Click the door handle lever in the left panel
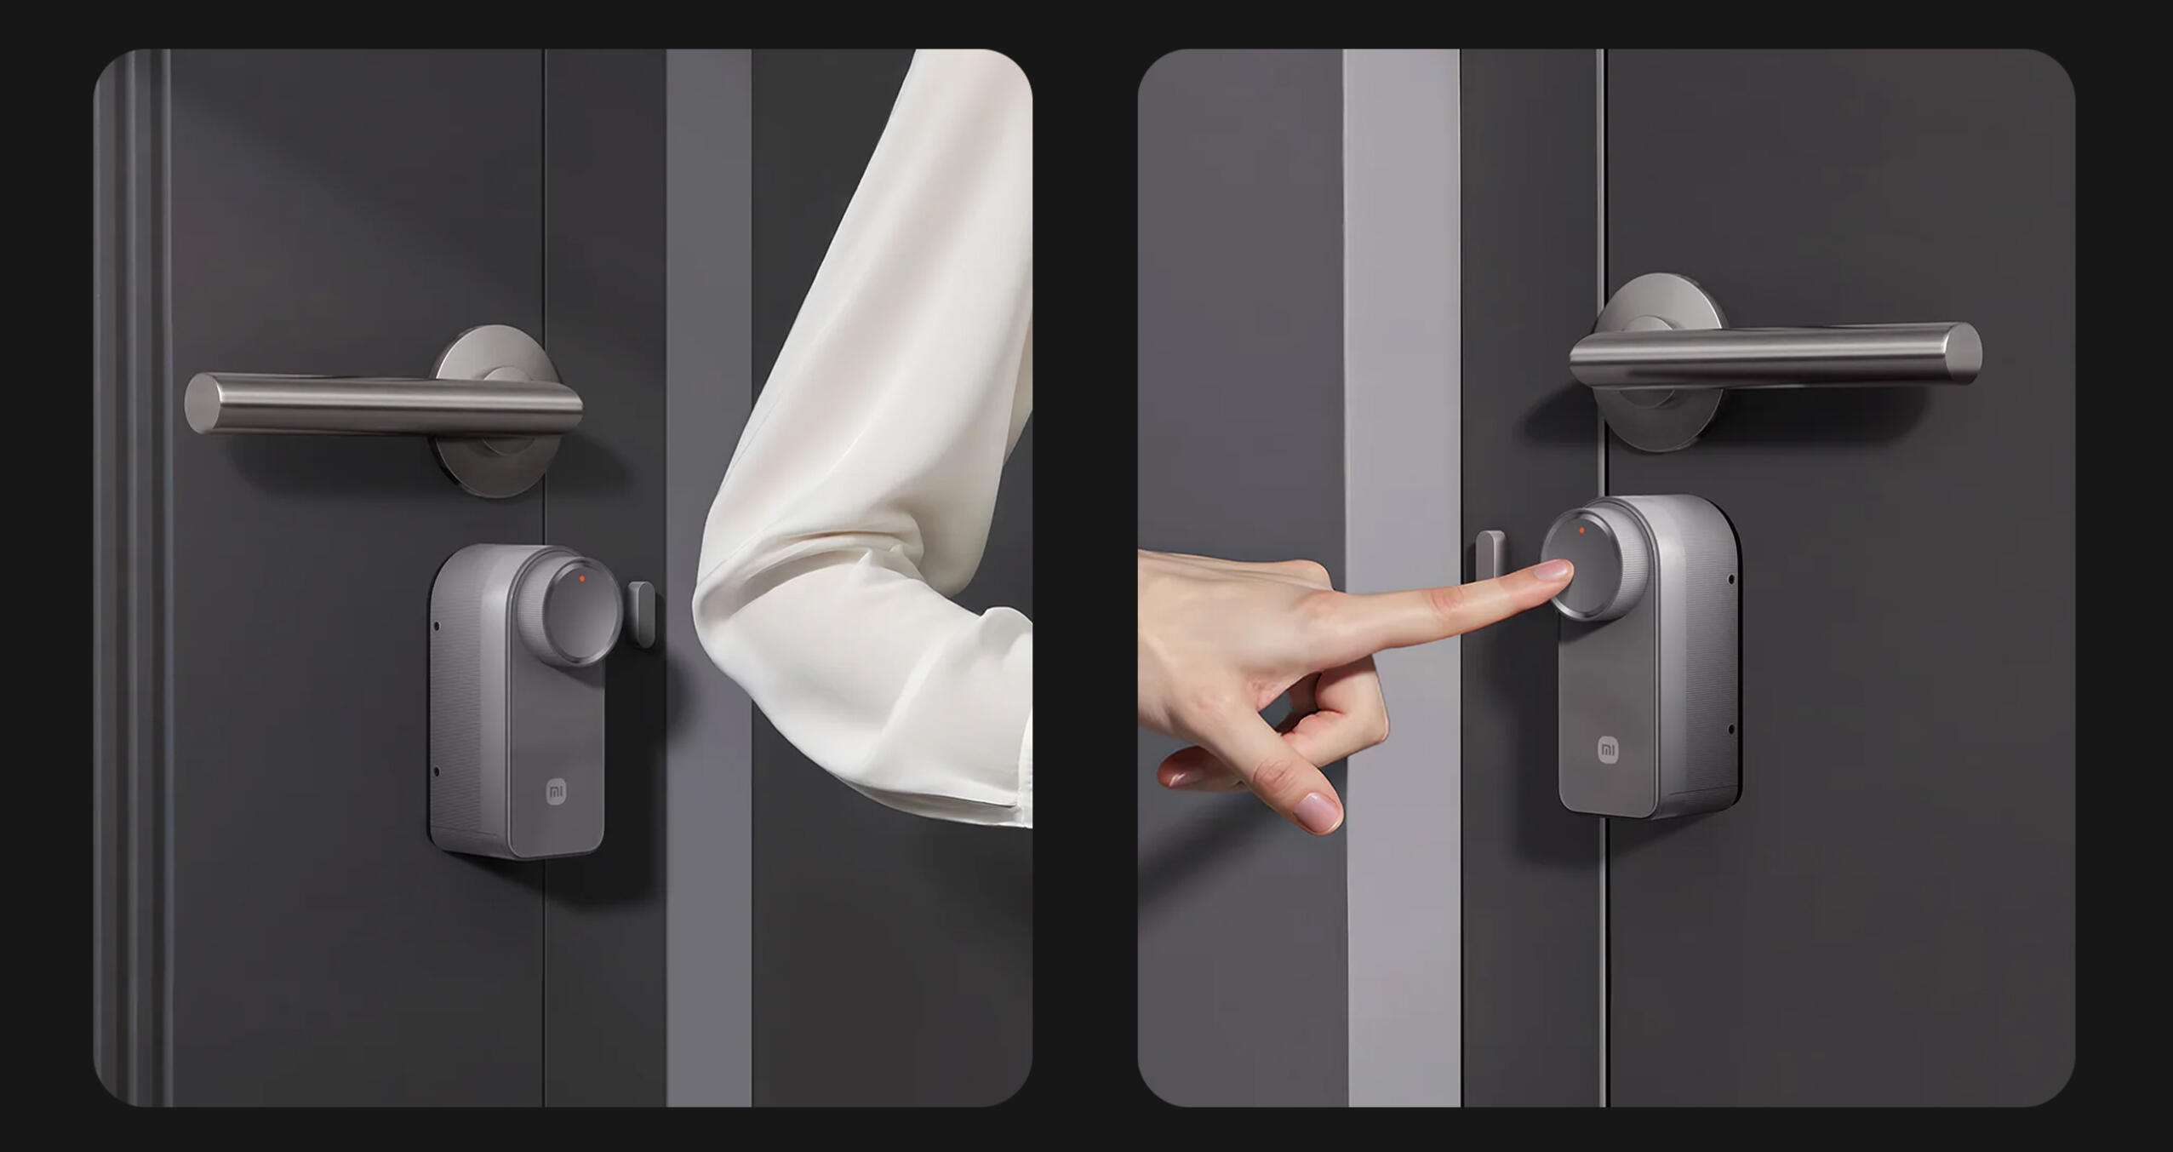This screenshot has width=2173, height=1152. [x=383, y=404]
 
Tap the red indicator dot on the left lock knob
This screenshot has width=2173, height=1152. [x=582, y=578]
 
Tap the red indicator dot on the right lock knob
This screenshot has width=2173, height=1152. [x=1581, y=530]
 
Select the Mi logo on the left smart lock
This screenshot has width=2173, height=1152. [x=556, y=793]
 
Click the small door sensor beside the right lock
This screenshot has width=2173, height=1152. [x=1490, y=563]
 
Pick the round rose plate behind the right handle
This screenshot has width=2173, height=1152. [x=1660, y=362]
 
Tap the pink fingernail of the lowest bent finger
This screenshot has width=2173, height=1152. [x=1318, y=811]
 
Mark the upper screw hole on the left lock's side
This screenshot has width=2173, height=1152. [x=437, y=627]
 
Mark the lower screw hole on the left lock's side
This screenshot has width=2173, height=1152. [x=437, y=772]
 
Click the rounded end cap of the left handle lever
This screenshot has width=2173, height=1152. [x=201, y=403]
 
